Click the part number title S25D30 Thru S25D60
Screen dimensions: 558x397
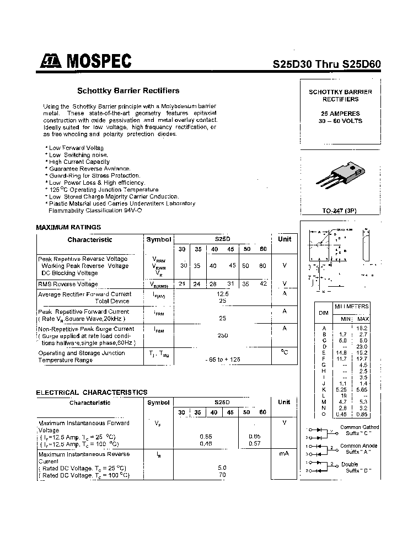click(326, 63)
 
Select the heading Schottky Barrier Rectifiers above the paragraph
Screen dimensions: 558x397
click(128, 90)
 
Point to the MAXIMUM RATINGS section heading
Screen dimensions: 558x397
click(68, 227)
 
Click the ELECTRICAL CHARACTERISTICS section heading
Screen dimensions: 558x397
click(92, 392)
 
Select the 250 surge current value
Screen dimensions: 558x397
click(223, 335)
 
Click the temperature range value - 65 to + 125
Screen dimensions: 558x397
click(223, 359)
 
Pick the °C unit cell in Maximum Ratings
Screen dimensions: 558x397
click(285, 352)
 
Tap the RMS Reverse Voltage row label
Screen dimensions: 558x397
click(68, 284)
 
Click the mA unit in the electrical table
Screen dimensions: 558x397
click(285, 453)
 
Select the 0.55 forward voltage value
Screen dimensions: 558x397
click(206, 436)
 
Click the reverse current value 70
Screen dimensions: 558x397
click(223, 474)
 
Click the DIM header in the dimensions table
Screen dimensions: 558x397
click(324, 312)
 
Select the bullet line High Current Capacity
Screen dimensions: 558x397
click(79, 162)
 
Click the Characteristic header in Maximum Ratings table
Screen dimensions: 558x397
click(89, 240)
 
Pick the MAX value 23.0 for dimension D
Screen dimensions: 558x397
click(363, 346)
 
